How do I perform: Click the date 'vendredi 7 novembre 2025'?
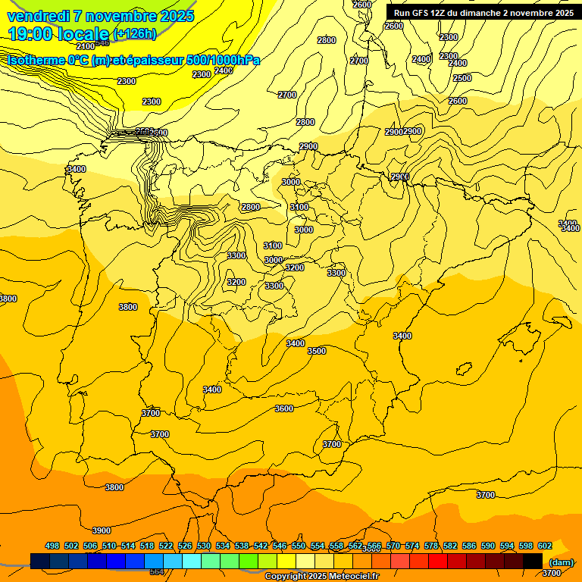point(100,16)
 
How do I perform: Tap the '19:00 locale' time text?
point(59,33)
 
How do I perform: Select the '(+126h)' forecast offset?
point(135,33)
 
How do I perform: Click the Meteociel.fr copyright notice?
point(321,577)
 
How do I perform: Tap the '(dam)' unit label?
point(561,562)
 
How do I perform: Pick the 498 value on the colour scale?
point(52,546)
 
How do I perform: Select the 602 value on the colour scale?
point(545,546)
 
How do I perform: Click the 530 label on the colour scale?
point(204,546)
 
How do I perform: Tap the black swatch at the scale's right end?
point(533,561)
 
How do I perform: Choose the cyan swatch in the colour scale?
point(192,561)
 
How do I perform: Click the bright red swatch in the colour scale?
point(438,561)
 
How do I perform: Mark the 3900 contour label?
point(101,530)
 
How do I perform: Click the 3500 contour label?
point(317,351)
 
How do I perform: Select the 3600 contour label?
point(283,408)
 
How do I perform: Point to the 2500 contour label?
point(462,78)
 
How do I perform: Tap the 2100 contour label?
point(86,46)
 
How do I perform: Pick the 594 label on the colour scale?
point(507,546)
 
